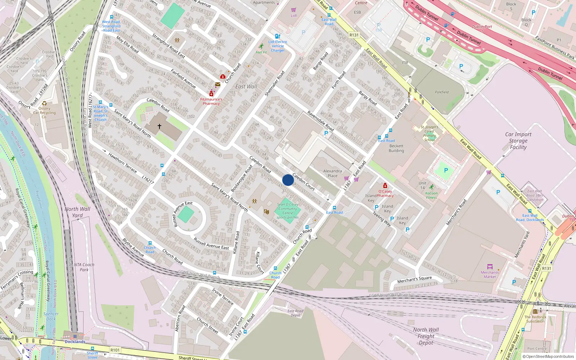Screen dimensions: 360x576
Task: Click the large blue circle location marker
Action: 288,180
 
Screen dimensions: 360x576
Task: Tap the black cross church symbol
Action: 159,126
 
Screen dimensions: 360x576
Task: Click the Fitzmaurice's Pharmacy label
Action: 211,102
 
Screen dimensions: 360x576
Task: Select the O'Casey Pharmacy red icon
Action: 385,186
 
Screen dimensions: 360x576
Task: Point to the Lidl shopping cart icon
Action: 294,10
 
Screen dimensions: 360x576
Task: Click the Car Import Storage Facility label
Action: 518,141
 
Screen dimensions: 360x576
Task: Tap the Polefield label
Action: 442,92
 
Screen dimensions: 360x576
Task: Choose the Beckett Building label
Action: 396,148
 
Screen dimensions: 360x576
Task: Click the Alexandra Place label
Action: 332,174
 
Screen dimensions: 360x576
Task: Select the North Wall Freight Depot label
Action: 426,336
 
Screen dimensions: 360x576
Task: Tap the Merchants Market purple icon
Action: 490,267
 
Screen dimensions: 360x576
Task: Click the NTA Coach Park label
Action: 84,267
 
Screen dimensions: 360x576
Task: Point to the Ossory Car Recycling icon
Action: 44,104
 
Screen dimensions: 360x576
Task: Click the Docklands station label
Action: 75,342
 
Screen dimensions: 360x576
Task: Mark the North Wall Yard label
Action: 77,212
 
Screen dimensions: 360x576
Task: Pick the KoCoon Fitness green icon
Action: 431,187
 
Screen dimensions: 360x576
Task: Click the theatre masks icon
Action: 266,212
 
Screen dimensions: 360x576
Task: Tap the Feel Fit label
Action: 261,52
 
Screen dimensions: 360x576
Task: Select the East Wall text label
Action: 246,86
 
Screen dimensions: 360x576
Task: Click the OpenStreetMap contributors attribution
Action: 548,356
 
